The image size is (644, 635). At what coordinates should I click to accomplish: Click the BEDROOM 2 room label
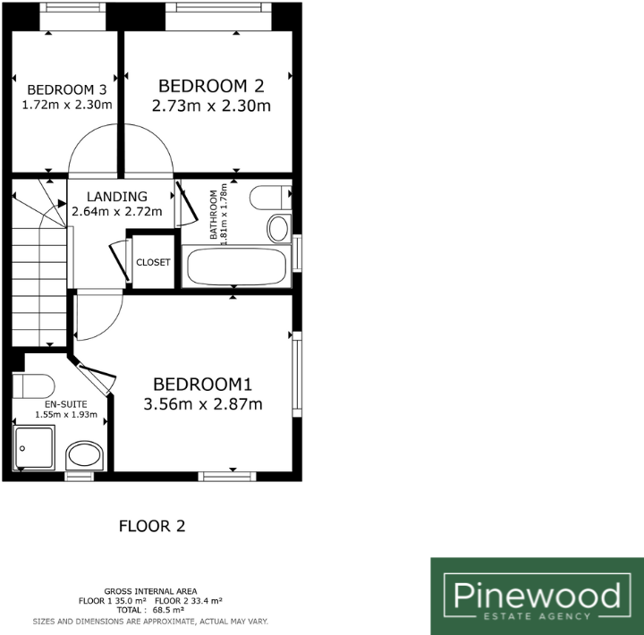tap(212, 86)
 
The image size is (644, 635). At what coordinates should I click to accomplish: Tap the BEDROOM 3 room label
tap(67, 89)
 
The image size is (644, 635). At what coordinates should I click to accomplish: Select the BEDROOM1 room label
tap(203, 385)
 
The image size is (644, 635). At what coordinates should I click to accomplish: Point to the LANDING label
tap(117, 197)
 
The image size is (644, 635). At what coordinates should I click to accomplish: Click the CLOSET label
tap(153, 263)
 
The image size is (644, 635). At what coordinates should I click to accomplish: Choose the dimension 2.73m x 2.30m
tap(212, 106)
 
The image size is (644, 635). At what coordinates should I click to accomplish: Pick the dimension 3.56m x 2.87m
tap(203, 404)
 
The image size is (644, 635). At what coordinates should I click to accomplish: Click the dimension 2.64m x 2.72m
tap(117, 212)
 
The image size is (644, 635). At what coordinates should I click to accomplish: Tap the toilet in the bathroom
tap(269, 196)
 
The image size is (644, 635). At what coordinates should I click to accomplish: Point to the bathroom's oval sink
tap(277, 228)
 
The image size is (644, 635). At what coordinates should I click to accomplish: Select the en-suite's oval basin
tap(85, 454)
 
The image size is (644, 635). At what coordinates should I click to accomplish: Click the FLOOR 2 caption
tap(152, 526)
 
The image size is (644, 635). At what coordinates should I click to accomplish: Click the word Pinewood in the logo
tap(537, 594)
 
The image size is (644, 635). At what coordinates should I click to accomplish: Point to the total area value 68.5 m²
tap(167, 611)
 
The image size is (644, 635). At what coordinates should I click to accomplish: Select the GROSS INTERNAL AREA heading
tap(150, 591)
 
